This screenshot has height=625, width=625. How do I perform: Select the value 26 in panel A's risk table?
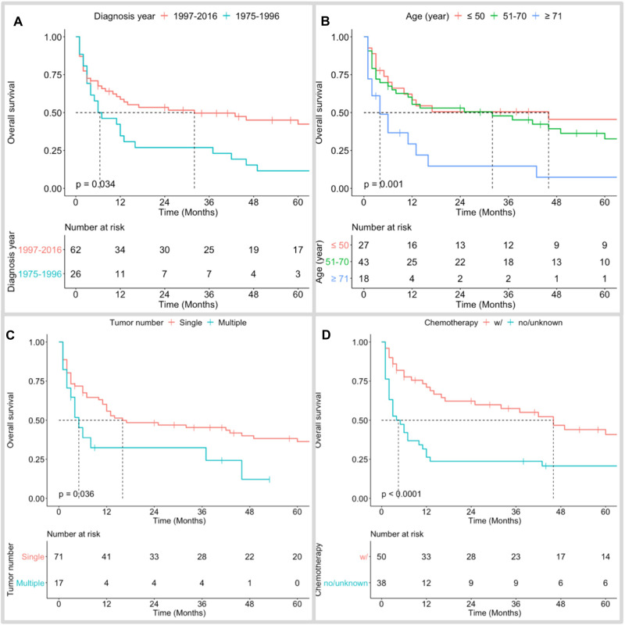76,275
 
